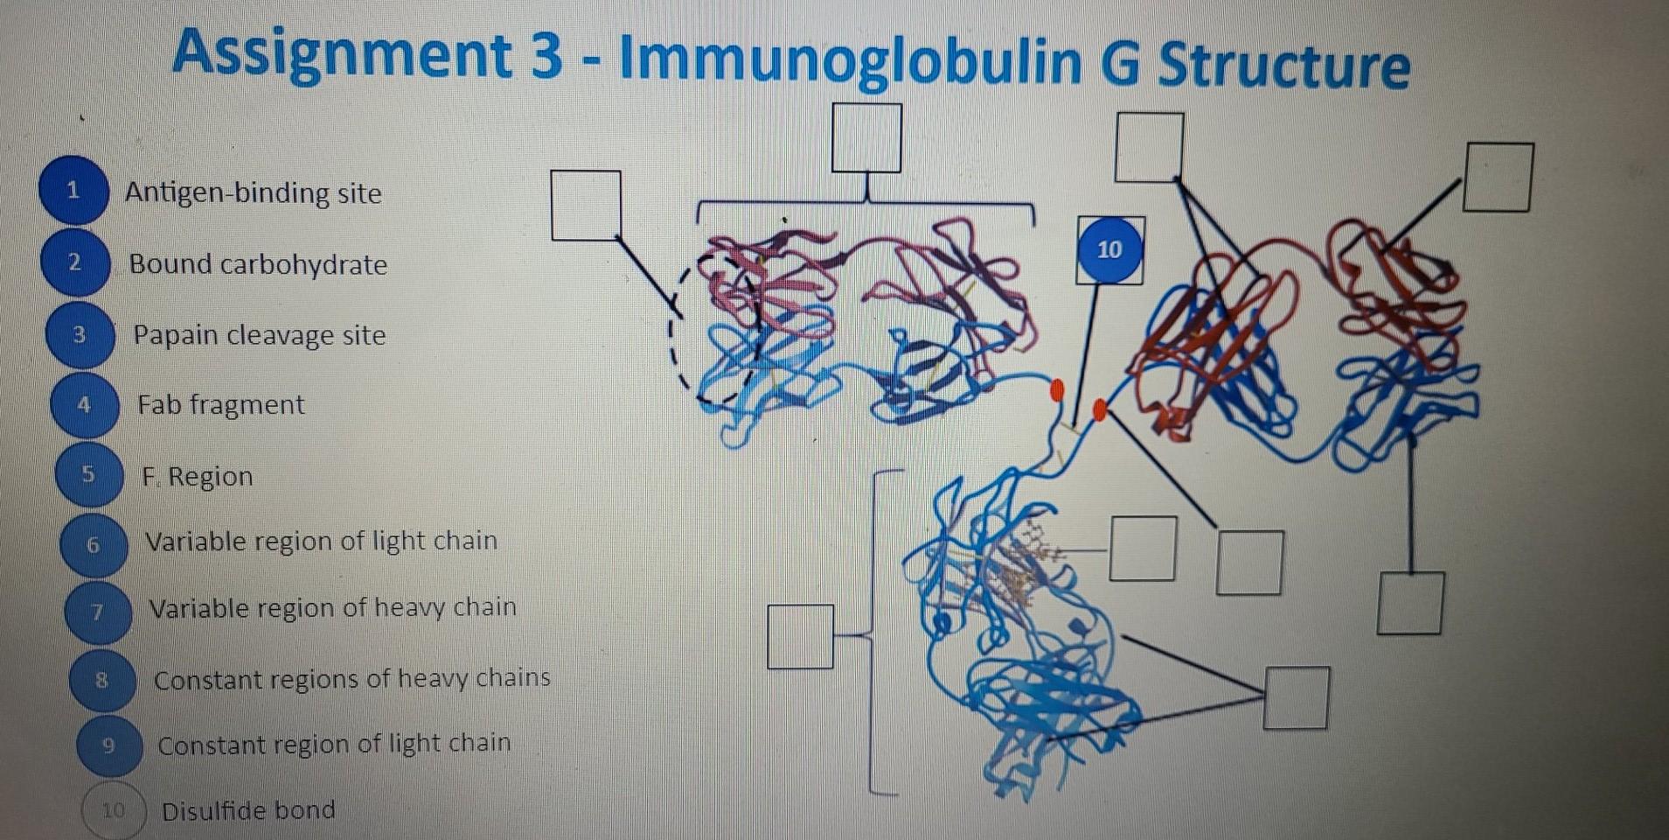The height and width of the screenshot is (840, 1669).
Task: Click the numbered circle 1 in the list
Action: [x=73, y=190]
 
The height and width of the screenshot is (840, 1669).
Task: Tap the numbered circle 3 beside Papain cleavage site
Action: [x=80, y=335]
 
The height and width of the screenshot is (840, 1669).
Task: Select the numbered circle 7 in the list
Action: [x=98, y=611]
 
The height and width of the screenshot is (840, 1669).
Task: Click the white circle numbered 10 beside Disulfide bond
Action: [x=114, y=811]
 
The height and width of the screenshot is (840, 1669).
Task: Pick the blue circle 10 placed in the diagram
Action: [x=1109, y=250]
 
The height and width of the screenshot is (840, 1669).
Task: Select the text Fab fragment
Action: [x=220, y=405]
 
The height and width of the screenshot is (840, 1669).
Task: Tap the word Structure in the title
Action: [x=1283, y=65]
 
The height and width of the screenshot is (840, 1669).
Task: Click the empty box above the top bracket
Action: [x=866, y=137]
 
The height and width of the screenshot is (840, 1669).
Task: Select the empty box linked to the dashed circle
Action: [x=586, y=205]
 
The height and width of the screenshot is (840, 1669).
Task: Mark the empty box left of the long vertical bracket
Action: [x=800, y=636]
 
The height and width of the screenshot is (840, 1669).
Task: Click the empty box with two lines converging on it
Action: [x=1296, y=697]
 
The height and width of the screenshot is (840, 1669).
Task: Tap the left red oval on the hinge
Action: [x=1056, y=389]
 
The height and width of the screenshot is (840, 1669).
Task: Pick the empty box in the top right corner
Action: [x=1498, y=178]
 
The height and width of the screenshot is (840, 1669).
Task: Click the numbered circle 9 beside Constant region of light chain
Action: [x=108, y=745]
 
